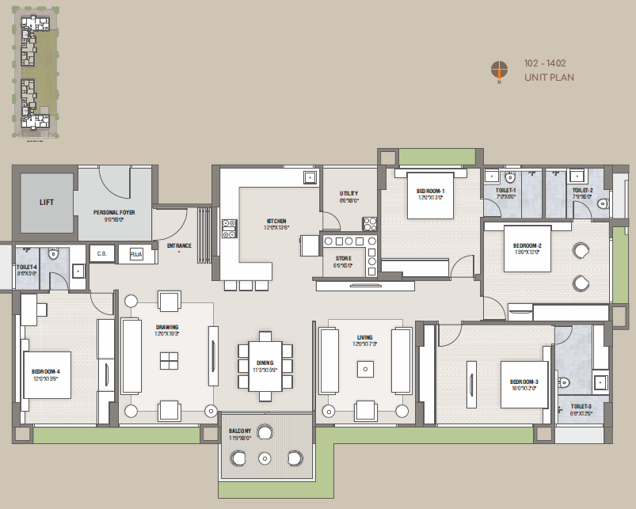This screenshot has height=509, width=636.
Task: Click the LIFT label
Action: [47, 202]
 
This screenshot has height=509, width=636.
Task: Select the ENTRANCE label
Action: [179, 245]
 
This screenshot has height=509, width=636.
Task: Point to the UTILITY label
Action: [348, 193]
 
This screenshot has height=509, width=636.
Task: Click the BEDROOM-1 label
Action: [431, 191]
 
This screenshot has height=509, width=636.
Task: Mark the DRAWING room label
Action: [167, 327]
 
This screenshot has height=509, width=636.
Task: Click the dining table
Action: [265, 365]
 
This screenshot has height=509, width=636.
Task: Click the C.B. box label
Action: [101, 254]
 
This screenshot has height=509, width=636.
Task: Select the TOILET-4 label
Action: [26, 268]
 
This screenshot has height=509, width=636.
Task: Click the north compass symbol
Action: [499, 70]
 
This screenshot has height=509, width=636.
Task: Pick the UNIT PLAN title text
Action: [549, 77]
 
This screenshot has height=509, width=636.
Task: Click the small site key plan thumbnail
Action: [36, 75]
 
